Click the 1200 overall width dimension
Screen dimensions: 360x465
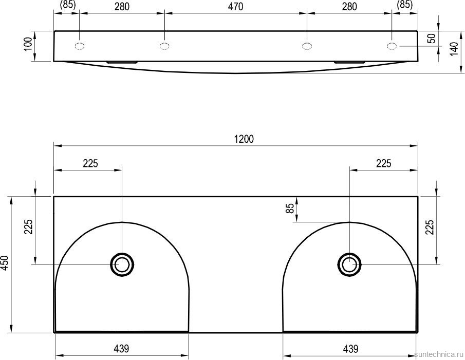point(244,139)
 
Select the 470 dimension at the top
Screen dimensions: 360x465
point(235,7)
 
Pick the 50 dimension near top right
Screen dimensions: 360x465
point(432,39)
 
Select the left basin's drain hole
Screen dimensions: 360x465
point(122,264)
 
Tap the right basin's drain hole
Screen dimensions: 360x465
point(349,264)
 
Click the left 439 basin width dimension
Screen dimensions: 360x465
point(121,349)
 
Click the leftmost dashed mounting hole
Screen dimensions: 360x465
point(80,46)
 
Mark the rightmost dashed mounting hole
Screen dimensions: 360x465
point(392,46)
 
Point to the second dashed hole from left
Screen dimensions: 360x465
point(164,46)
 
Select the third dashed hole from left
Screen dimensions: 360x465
point(307,46)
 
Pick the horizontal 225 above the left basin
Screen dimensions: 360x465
point(90,163)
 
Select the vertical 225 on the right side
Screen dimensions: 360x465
point(430,226)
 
